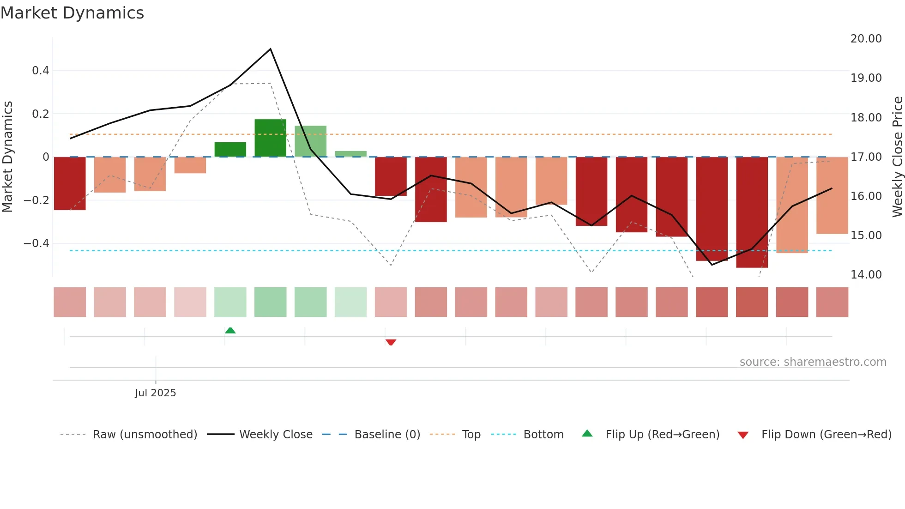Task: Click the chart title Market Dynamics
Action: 72,13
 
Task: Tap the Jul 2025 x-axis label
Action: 155,393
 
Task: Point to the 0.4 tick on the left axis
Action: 40,71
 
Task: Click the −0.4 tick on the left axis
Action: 36,243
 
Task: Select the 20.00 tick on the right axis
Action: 866,39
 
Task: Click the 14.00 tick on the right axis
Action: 866,275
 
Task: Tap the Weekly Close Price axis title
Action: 897,157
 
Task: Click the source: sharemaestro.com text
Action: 813,362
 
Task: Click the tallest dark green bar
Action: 270,138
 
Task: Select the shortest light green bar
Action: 350,154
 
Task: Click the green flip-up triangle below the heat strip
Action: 230,330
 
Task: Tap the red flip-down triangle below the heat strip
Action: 391,342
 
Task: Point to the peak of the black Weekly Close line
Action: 270,49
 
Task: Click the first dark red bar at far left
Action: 70,183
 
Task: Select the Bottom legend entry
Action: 543,435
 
